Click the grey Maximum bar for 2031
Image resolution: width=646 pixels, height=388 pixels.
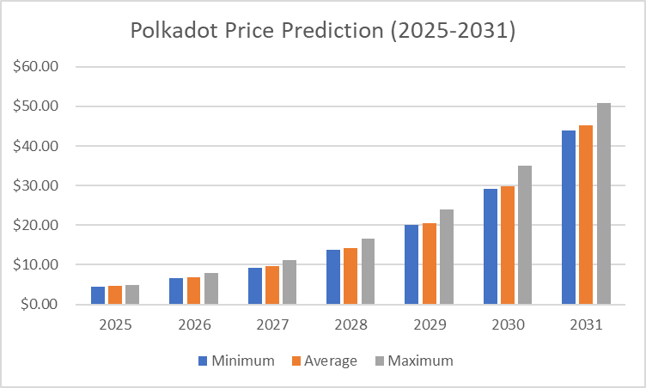coord(604,203)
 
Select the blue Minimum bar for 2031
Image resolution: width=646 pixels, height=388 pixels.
coord(569,217)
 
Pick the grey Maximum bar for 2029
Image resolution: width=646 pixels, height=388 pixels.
coord(447,257)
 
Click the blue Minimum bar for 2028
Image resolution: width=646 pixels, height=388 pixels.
coord(333,276)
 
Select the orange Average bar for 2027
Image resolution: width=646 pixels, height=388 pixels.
coord(272,285)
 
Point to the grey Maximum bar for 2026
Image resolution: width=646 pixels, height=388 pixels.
coord(211,288)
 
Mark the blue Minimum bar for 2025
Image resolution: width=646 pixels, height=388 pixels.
coord(98,295)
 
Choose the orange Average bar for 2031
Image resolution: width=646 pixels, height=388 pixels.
coord(587,215)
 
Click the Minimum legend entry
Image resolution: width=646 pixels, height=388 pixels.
coord(236,361)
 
